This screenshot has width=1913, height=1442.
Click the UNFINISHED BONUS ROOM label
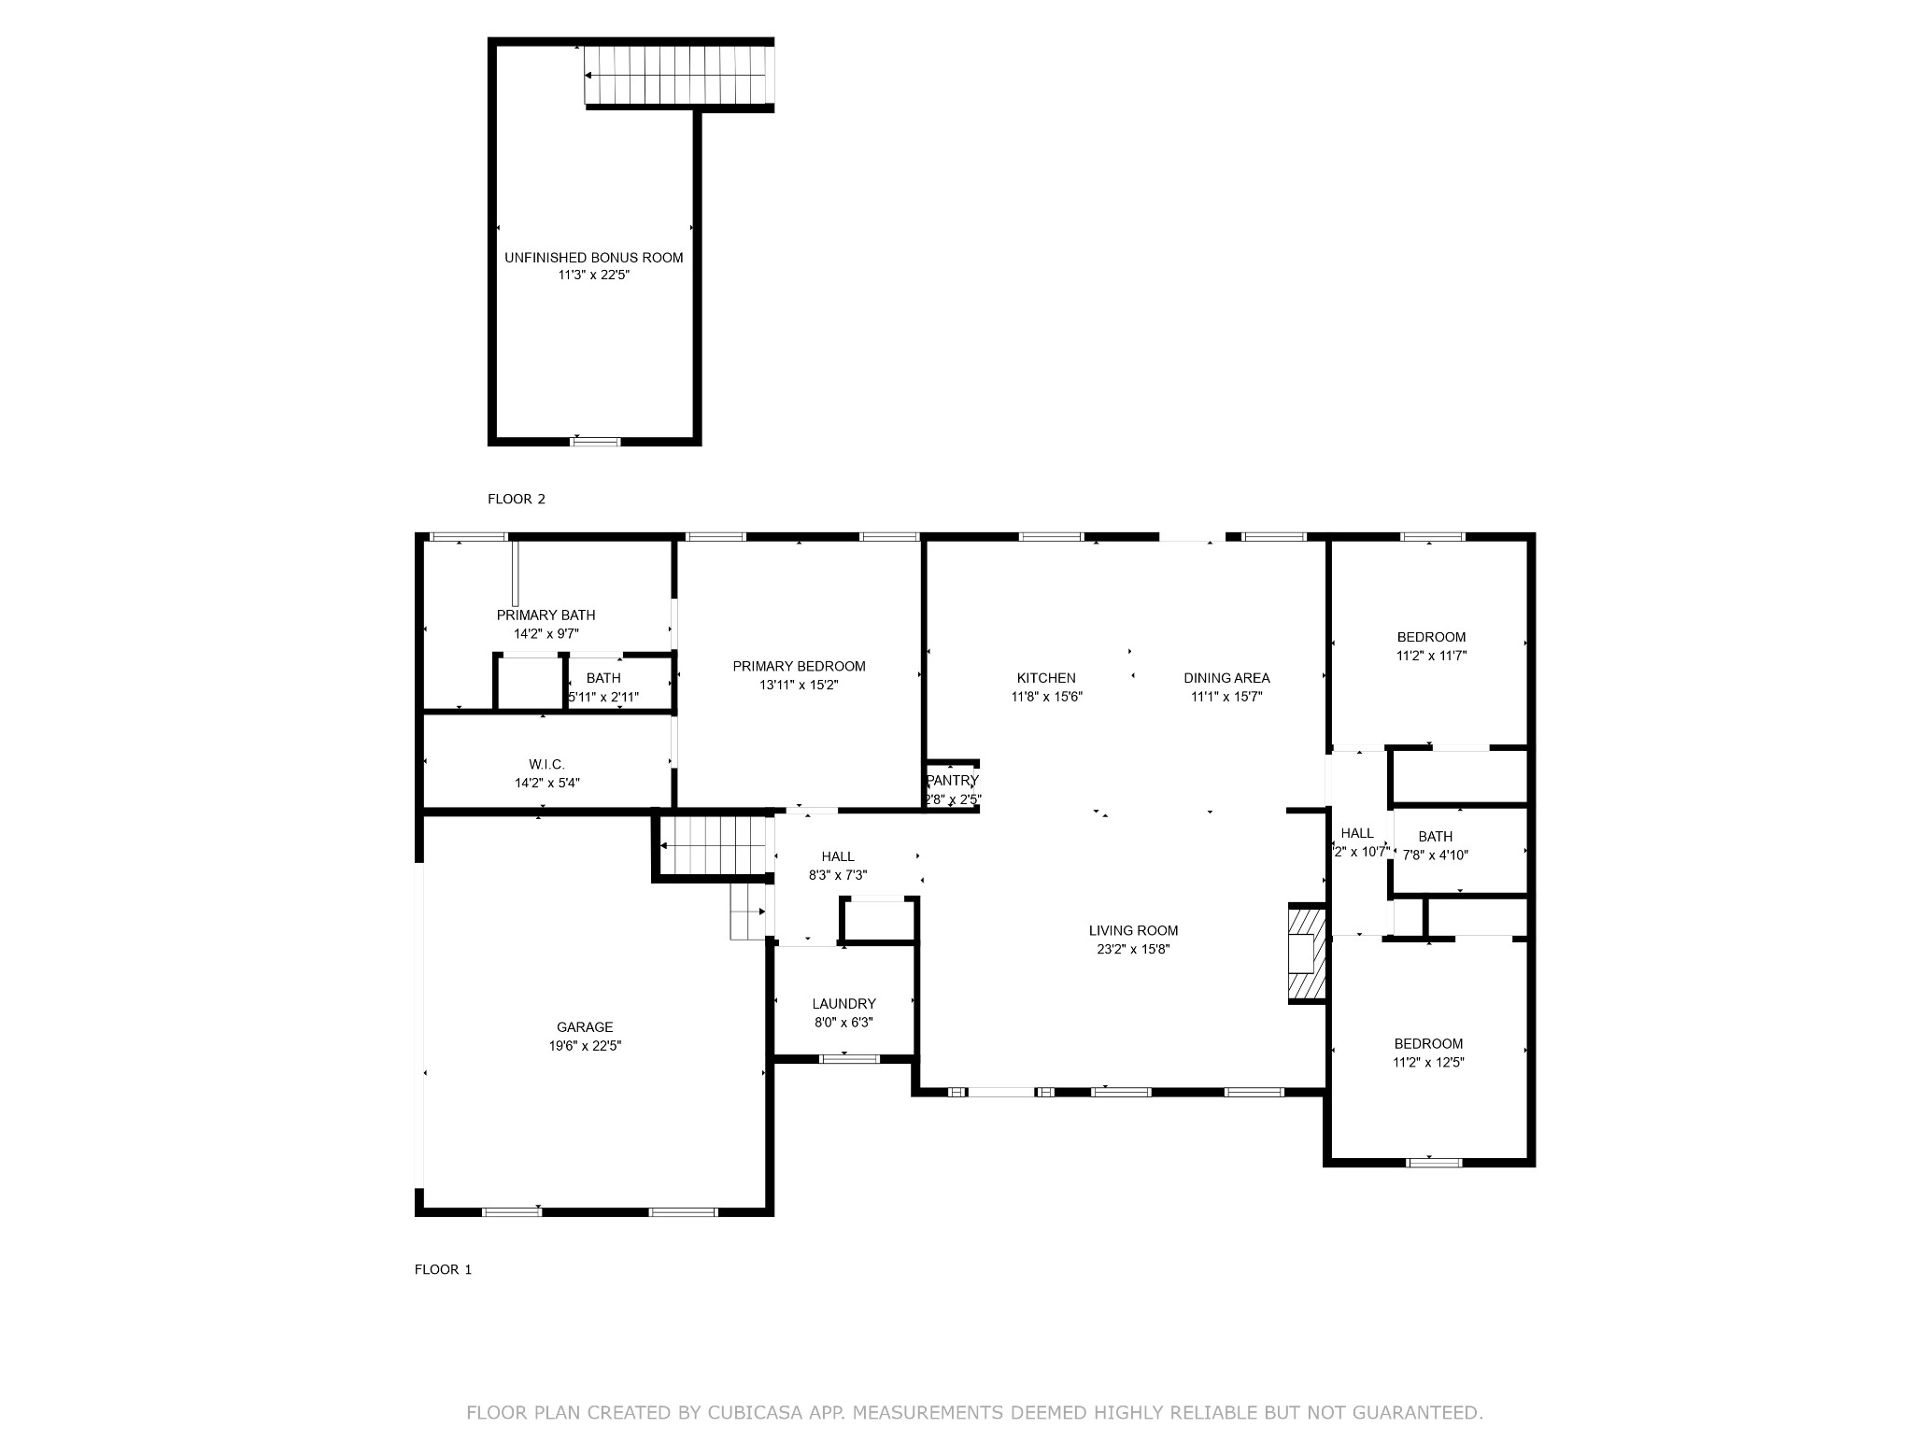point(594,258)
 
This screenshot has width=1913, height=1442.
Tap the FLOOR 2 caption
point(517,499)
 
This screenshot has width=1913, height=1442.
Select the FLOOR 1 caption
point(444,1269)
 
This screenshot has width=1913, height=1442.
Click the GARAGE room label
point(585,1027)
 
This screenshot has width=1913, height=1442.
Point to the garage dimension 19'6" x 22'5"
point(585,1046)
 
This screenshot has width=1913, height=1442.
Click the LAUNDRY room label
point(844,1004)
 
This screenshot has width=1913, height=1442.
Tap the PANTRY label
point(953,781)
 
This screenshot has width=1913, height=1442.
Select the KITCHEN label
point(1046,678)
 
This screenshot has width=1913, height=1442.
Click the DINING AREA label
point(1226,678)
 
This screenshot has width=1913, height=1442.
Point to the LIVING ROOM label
point(1133,930)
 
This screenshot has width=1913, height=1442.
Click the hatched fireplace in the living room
point(1307,954)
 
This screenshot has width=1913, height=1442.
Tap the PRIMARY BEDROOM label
point(799,666)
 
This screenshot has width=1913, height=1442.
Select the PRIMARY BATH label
point(546,615)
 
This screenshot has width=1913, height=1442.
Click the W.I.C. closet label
point(546,765)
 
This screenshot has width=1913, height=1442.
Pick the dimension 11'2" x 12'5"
point(1428,1062)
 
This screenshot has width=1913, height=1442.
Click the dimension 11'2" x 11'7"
point(1431,656)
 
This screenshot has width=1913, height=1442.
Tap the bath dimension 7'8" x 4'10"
point(1436,855)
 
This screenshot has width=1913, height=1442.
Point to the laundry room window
point(849,1058)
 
